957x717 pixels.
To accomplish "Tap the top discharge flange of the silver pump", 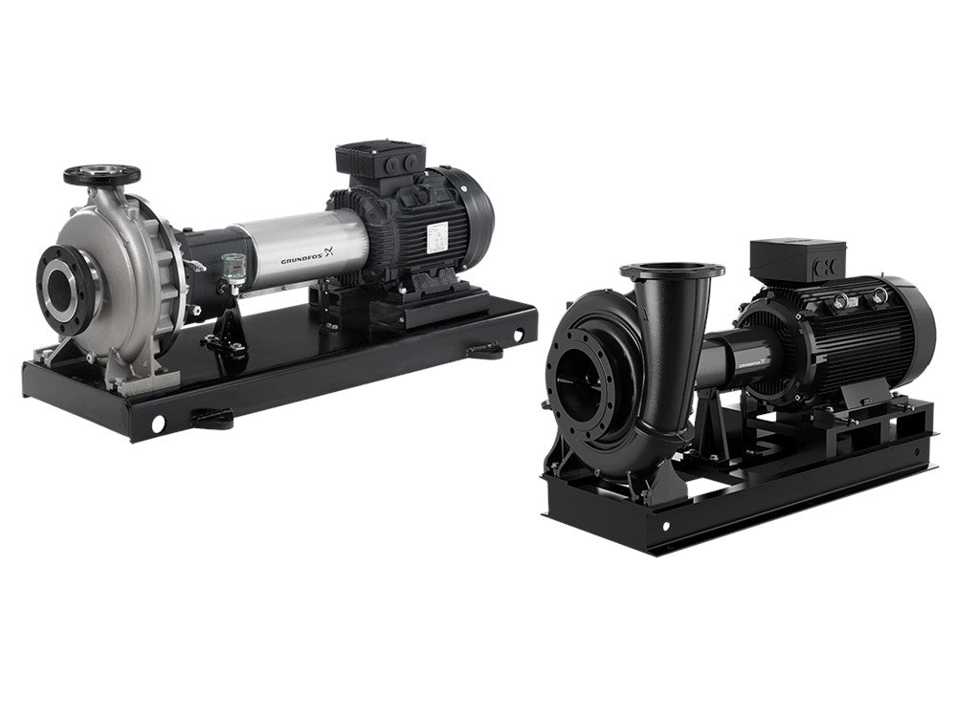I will (101, 176).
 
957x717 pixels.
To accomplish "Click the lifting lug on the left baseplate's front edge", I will (211, 417).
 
